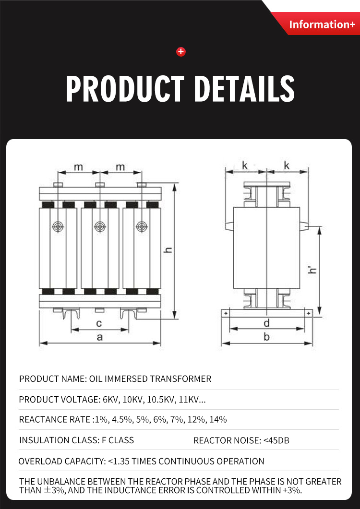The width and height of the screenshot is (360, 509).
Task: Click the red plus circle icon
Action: coord(181,52)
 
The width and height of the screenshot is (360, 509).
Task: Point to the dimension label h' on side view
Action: coord(312,270)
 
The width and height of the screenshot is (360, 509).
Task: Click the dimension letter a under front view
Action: coord(100,337)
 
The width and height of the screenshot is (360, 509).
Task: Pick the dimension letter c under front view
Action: coord(99,323)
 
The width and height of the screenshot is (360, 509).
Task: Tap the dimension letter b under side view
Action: coord(267,337)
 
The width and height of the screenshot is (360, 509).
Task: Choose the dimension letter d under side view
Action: coord(266,323)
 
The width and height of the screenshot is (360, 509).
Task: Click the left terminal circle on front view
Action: coord(58,226)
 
